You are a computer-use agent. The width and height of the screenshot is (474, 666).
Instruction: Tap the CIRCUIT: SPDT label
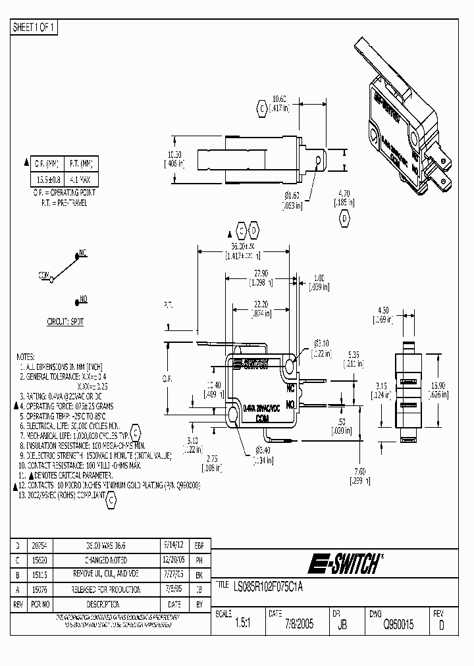65,322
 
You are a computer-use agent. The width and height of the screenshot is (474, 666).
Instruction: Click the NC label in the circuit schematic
83,252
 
